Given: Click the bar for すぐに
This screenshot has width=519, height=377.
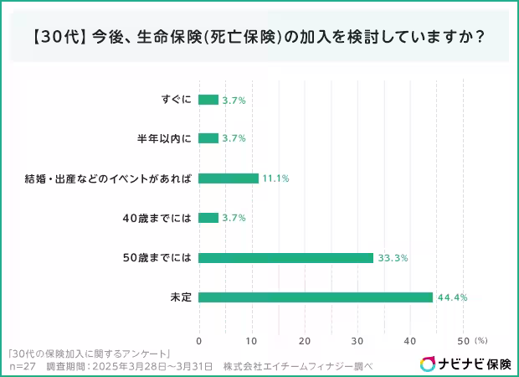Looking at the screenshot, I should (208, 100).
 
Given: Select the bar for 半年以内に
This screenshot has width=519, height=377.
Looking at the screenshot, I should (208, 138).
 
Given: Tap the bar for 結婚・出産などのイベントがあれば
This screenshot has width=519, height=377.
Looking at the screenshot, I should (229, 178).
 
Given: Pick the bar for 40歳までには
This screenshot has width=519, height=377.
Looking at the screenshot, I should (208, 218).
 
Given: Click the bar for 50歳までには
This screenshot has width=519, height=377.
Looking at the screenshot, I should (285, 258).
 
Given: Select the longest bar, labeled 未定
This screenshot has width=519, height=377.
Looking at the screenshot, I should (316, 297).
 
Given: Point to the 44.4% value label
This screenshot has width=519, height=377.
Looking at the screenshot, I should (452, 297).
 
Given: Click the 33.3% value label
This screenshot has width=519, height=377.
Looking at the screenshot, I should (393, 258).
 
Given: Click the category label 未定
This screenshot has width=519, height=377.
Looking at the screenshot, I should (181, 297).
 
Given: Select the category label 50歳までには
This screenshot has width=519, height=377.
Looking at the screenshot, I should (158, 258).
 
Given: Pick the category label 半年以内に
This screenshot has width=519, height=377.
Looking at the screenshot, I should (164, 138).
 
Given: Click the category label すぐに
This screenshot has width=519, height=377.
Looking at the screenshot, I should (177, 100).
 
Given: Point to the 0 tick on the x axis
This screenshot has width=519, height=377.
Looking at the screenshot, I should (198, 341).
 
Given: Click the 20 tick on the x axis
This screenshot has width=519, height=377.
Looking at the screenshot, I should (305, 341).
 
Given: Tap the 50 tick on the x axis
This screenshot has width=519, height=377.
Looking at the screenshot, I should (464, 341).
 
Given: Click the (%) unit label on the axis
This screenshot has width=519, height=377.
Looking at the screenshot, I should (481, 341).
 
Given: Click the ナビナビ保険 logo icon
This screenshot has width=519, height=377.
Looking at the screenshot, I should (428, 364).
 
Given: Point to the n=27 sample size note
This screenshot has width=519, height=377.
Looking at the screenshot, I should (23, 366).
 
